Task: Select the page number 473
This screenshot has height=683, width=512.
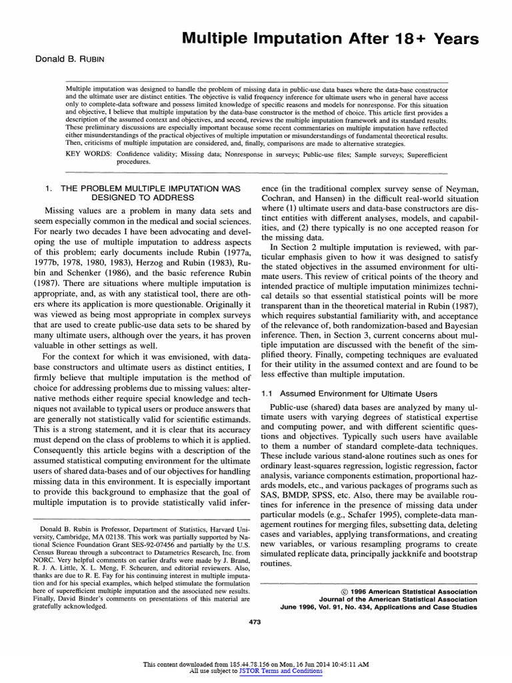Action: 256,622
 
